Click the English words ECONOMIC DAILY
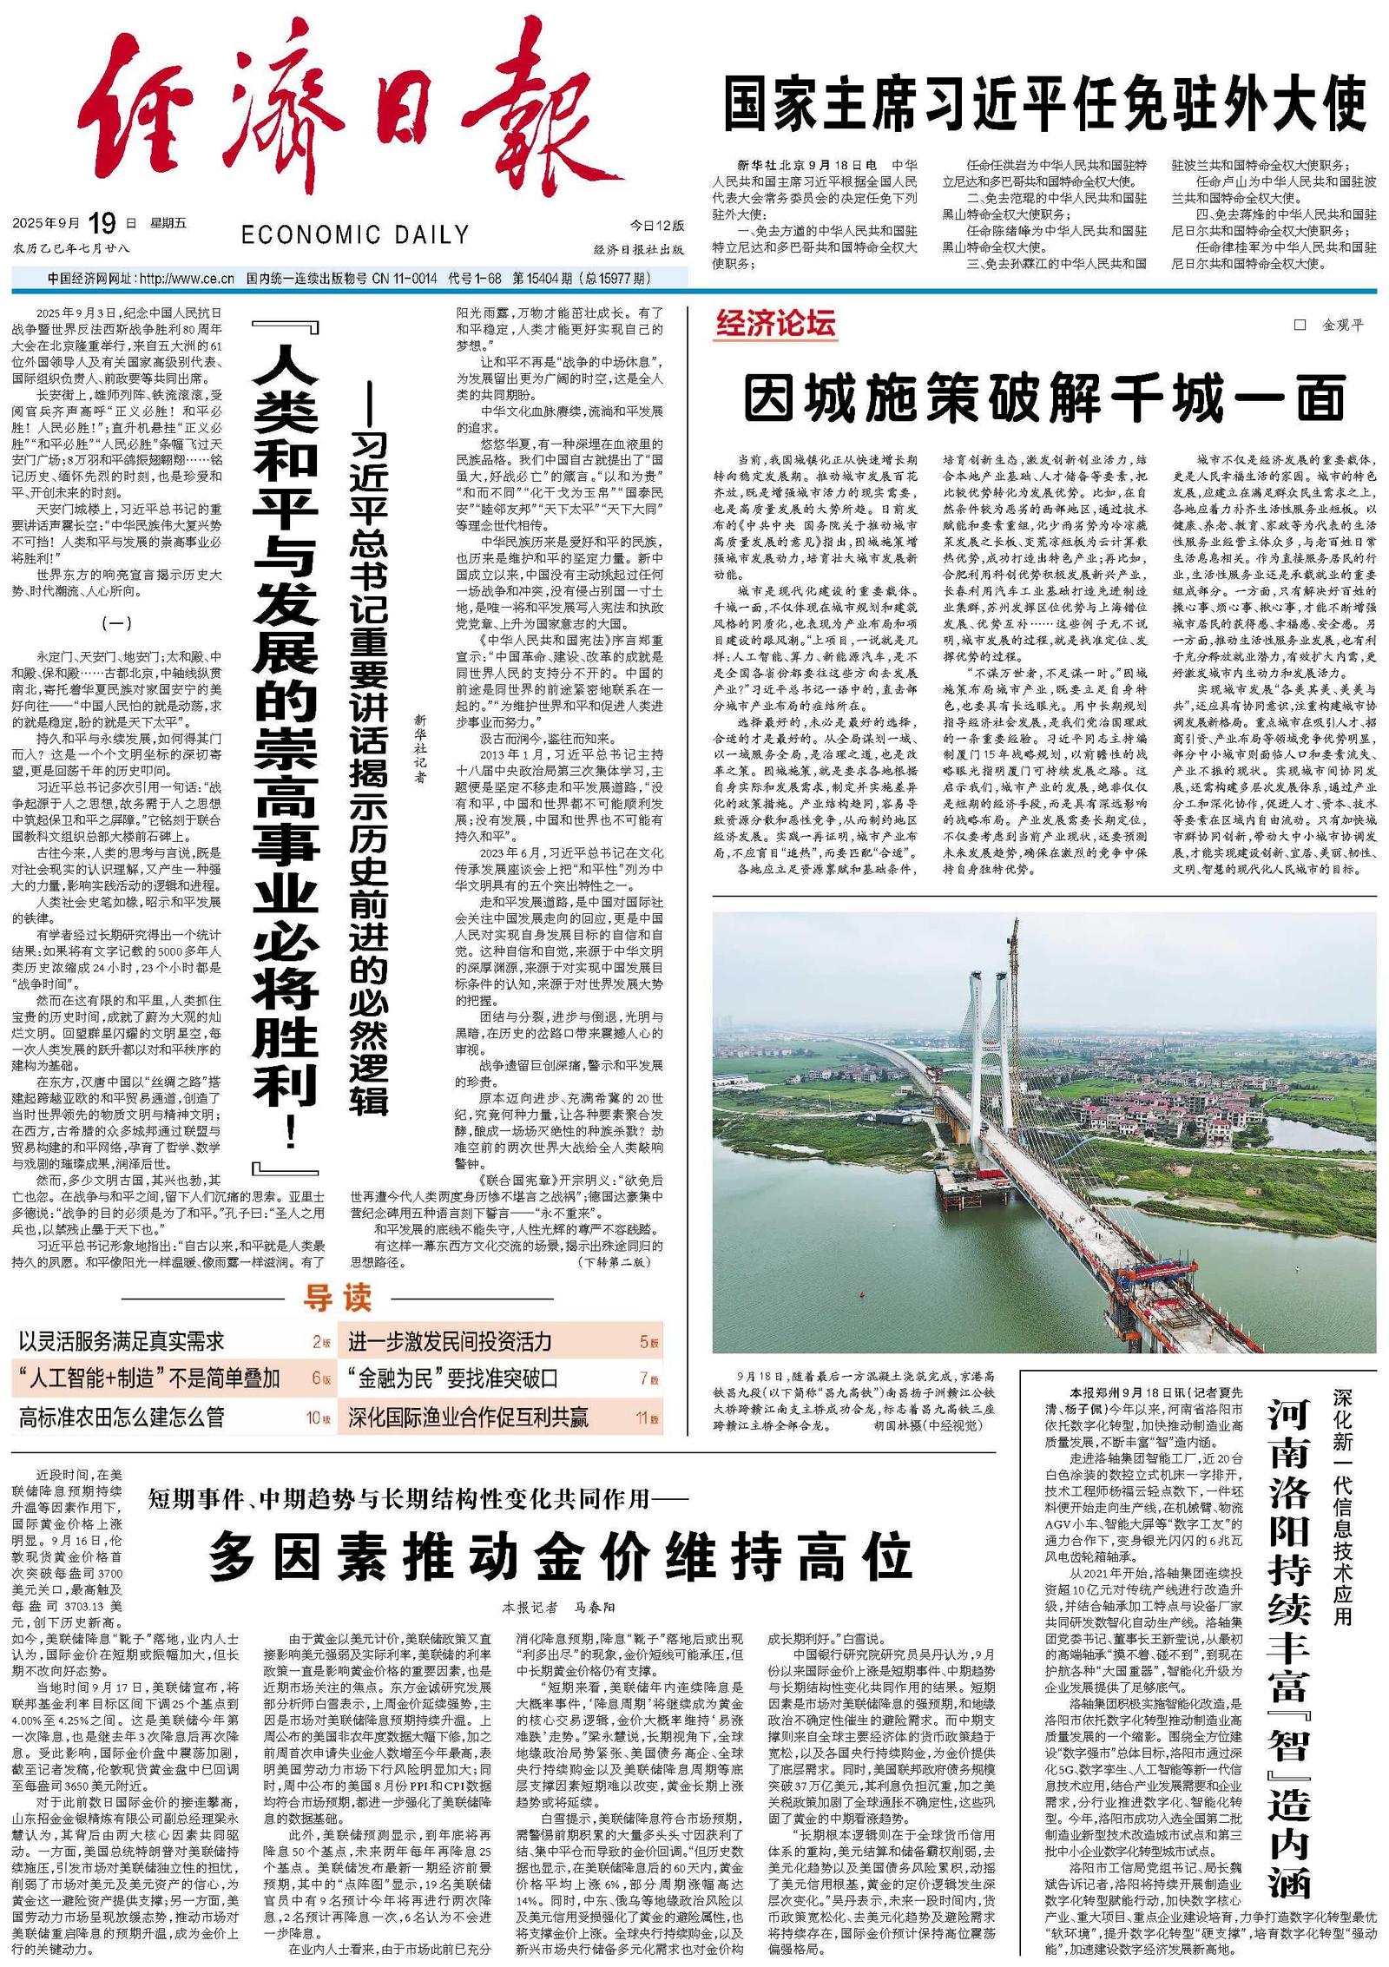point(355,234)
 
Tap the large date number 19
point(102,224)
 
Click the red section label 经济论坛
point(775,324)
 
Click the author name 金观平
point(1341,326)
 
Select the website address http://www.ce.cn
point(186,279)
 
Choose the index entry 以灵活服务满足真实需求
point(122,1341)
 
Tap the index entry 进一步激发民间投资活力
point(450,1341)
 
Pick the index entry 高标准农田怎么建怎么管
point(122,1418)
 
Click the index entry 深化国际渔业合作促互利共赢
point(468,1418)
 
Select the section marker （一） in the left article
point(116,622)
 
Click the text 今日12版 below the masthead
point(656,226)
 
